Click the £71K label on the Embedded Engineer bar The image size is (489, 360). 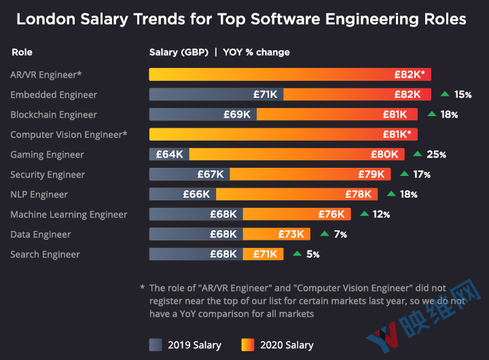pyautogui.click(x=265, y=94)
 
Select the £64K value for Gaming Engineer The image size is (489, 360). pyautogui.click(x=170, y=154)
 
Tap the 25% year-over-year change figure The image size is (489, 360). pyautogui.click(x=436, y=155)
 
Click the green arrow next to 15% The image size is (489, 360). pyautogui.click(x=445, y=94)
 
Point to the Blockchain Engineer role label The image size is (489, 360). pyautogui.click(x=54, y=115)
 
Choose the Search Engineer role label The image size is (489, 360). pyautogui.click(x=45, y=255)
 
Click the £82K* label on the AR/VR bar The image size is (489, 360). pyautogui.click(x=410, y=75)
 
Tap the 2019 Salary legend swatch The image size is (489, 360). pyautogui.click(x=156, y=344)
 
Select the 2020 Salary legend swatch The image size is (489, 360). pyautogui.click(x=249, y=344)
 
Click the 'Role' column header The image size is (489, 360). pyautogui.click(x=22, y=52)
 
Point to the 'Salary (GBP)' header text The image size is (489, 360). pyautogui.click(x=179, y=52)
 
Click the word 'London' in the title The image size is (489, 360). pyautogui.click(x=45, y=19)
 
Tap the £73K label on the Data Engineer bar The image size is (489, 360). pyautogui.click(x=291, y=234)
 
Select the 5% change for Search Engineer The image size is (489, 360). pyautogui.click(x=313, y=255)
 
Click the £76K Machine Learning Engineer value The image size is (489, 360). pyautogui.click(x=331, y=215)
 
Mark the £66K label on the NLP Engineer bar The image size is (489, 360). pyautogui.click(x=197, y=194)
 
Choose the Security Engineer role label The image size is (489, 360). pyautogui.click(x=48, y=175)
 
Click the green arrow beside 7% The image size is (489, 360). pyautogui.click(x=324, y=234)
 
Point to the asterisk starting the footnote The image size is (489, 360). pyautogui.click(x=143, y=288)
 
